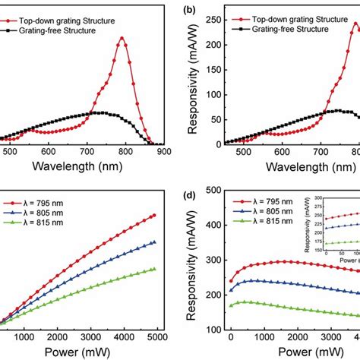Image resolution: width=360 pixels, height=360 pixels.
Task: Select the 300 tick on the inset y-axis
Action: coord(317,197)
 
